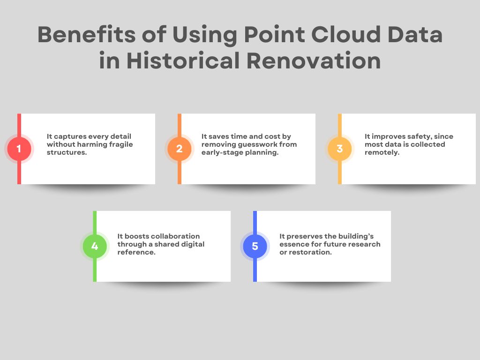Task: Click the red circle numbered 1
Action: (19, 149)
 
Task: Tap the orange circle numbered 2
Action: (179, 149)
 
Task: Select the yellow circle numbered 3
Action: (339, 149)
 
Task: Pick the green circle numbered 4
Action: (95, 246)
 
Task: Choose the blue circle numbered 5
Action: (255, 246)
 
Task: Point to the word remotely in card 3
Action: (382, 152)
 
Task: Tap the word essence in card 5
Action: (294, 244)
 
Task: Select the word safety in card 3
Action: (414, 136)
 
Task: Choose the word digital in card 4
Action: (192, 244)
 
